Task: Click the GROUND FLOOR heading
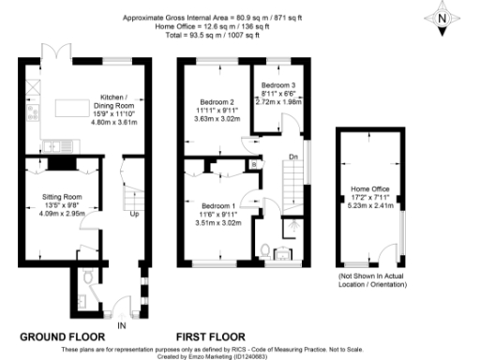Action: point(61,336)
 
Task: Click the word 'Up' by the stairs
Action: point(133,214)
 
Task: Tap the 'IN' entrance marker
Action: point(122,325)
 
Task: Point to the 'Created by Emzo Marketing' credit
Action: point(240,355)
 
